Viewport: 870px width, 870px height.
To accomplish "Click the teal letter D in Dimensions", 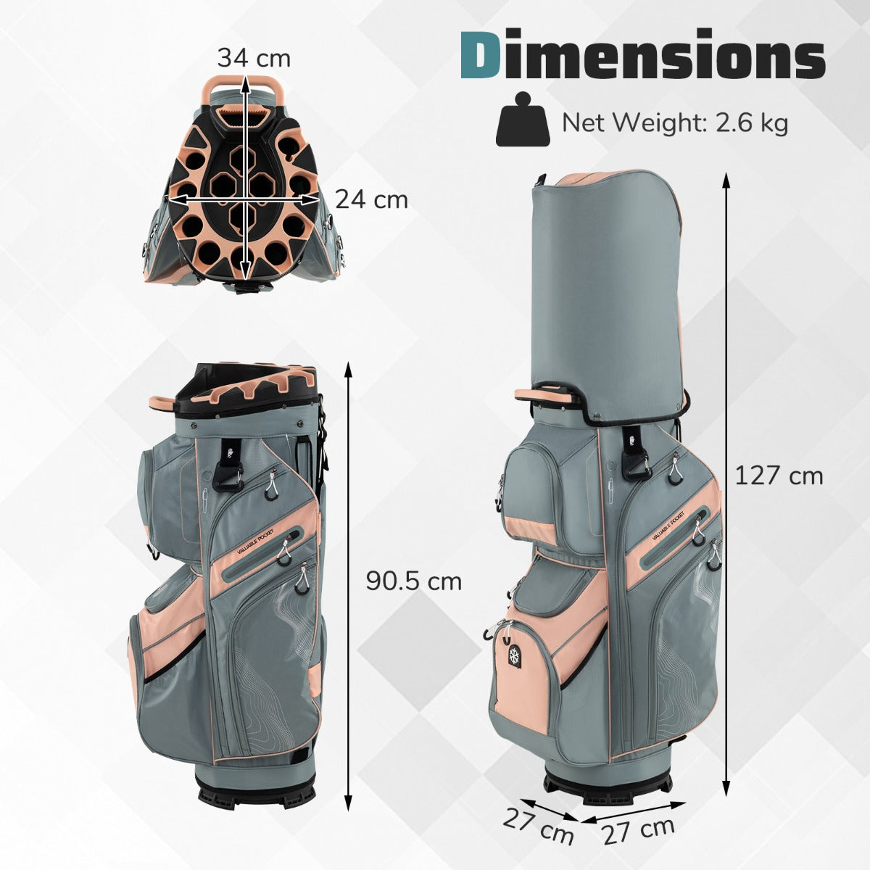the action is (481, 54).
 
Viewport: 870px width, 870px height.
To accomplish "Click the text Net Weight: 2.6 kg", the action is (675, 122).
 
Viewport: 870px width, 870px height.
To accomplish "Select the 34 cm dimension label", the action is (254, 58).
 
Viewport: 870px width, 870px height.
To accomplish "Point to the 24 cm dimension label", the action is (372, 199).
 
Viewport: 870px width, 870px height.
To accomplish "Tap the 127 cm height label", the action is (779, 476).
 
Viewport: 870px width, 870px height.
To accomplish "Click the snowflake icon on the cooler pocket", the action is (514, 655).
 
